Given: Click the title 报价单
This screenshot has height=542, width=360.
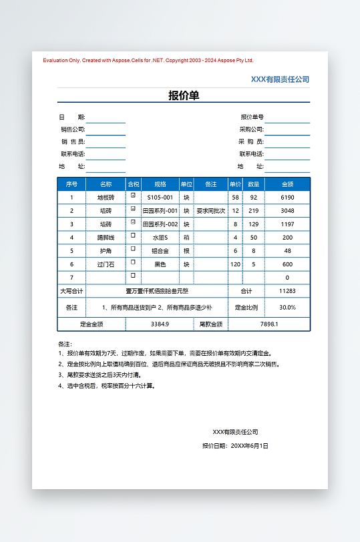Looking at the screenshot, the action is (184, 95).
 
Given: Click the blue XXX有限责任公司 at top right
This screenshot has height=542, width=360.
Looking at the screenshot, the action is (280, 79).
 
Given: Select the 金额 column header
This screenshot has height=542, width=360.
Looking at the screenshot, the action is (287, 184).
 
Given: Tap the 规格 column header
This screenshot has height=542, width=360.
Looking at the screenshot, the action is (160, 184).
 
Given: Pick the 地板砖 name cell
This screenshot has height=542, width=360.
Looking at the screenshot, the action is (106, 198).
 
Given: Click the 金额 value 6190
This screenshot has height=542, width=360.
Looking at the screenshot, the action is (287, 198).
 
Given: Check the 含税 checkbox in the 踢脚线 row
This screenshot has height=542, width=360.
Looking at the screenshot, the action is (133, 236).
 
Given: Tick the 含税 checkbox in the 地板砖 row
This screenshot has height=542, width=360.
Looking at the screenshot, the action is (133, 196).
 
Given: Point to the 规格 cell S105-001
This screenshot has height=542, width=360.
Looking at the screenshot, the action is (160, 198).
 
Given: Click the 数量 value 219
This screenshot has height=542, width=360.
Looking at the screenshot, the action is (253, 211).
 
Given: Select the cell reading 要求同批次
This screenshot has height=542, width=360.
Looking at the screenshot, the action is (210, 211).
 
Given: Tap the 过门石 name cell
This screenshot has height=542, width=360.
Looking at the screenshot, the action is (106, 264).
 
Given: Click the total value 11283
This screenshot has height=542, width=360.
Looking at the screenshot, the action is (287, 291).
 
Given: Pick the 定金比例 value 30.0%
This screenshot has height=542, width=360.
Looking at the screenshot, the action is (287, 308).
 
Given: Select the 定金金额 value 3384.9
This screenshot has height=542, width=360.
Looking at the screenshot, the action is (160, 324).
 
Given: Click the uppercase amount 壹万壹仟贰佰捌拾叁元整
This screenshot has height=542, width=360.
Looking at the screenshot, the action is (157, 291).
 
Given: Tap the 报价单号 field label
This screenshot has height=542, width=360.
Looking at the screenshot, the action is (252, 117).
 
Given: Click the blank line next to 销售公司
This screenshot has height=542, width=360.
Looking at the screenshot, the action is (106, 129).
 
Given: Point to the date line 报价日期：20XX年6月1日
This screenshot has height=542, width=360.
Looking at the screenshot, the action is (235, 445).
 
